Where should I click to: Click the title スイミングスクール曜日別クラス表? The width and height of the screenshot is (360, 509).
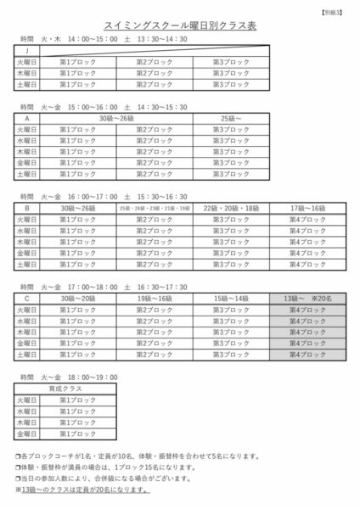(179, 26)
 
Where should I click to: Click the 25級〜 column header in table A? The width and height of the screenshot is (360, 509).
(230, 119)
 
